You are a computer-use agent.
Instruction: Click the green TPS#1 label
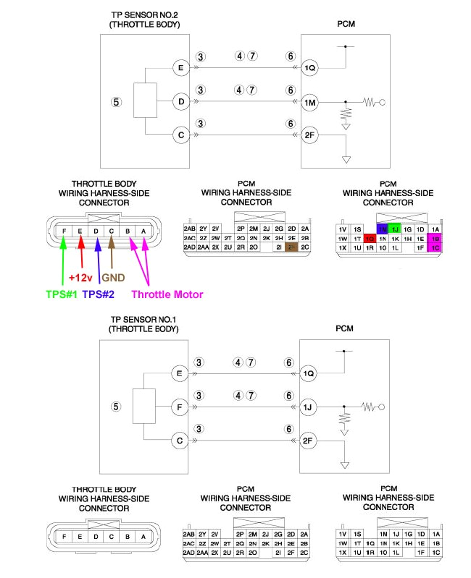pyautogui.click(x=58, y=294)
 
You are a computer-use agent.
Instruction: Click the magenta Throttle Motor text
pyautogui.click(x=167, y=294)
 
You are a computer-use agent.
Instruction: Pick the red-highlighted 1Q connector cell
pyautogui.click(x=370, y=238)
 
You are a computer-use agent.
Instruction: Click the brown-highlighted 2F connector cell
pyautogui.click(x=292, y=247)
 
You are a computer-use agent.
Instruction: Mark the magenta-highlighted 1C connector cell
pyautogui.click(x=435, y=247)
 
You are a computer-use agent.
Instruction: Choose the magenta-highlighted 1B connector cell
pyautogui.click(x=435, y=238)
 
